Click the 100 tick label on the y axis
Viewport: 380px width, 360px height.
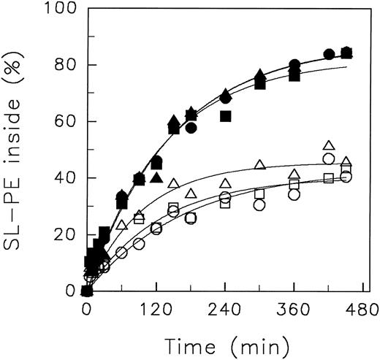tap(57, 9)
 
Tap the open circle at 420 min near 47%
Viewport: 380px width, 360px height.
tap(329, 158)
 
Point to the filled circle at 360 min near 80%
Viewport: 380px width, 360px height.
tap(294, 64)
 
